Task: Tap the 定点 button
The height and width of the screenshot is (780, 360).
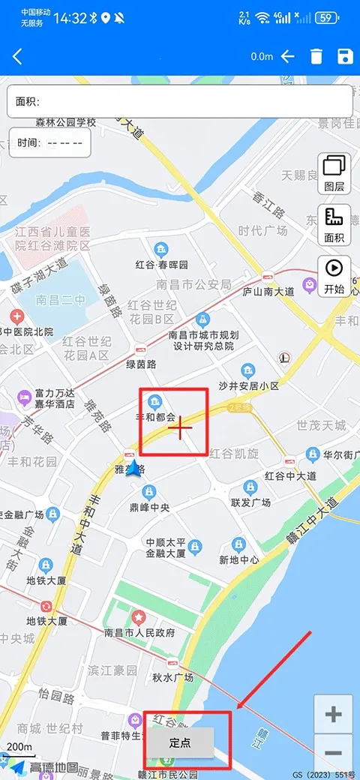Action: (x=180, y=743)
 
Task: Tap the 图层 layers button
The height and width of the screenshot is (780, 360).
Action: (x=334, y=173)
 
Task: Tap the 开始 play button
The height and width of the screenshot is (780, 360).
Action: (x=334, y=275)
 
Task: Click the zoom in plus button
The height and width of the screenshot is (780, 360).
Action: (x=334, y=714)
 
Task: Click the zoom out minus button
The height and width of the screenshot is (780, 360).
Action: (x=334, y=753)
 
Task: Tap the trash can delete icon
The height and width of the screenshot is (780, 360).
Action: (x=316, y=56)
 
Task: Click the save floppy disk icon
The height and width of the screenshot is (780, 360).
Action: (x=345, y=56)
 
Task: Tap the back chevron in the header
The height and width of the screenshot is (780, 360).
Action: (x=17, y=56)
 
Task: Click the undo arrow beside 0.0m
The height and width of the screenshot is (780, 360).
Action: (x=288, y=56)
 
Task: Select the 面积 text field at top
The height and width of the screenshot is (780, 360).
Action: (x=180, y=101)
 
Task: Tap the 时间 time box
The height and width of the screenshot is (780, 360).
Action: (x=50, y=142)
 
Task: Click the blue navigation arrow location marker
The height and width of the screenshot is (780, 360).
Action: (x=134, y=469)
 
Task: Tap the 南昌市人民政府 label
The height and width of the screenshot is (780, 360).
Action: (x=139, y=632)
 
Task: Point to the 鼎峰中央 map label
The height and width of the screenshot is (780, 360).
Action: (x=149, y=507)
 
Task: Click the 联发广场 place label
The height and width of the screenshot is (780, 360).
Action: (x=250, y=502)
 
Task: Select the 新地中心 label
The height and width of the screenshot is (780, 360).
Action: (x=239, y=559)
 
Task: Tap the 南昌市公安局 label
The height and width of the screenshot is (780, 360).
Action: (x=193, y=284)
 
